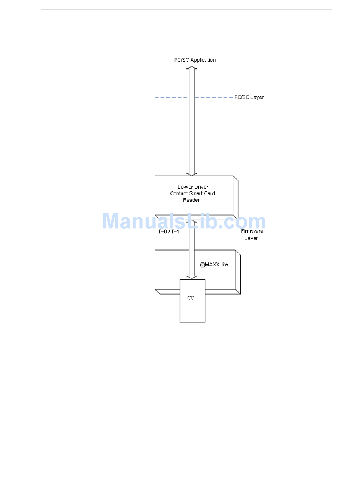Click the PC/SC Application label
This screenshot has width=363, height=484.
tap(195, 60)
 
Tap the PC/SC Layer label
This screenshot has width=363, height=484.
tap(249, 97)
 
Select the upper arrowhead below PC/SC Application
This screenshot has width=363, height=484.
tap(192, 68)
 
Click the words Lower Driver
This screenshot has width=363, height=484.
tap(193, 187)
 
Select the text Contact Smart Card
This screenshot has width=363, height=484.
tap(193, 193)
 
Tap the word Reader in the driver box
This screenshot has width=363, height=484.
tap(191, 200)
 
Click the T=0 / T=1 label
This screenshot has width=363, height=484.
tap(169, 231)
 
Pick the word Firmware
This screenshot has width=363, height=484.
tap(252, 231)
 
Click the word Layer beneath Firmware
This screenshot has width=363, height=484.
tap(251, 238)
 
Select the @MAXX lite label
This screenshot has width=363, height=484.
tap(214, 264)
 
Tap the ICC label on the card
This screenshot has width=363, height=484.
tap(190, 298)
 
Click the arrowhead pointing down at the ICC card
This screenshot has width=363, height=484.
tap(192, 277)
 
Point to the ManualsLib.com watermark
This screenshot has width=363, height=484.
tap(184, 222)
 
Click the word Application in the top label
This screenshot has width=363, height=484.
tap(203, 60)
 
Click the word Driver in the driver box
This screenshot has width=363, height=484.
tap(201, 187)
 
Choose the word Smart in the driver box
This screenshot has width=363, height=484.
tap(196, 193)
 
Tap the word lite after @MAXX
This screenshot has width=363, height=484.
tap(225, 264)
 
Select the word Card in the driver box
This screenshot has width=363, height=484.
tap(210, 193)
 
